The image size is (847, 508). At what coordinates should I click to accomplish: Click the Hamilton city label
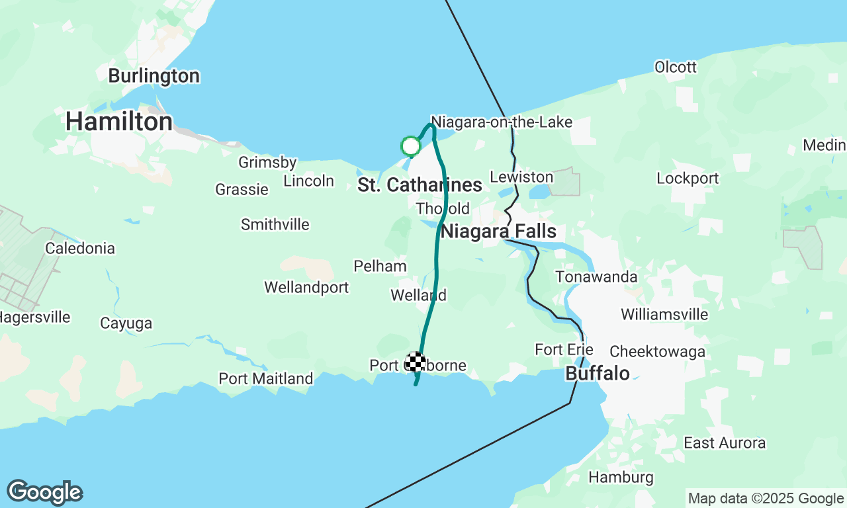click(x=119, y=122)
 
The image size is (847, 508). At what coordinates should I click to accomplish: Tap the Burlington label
click(x=154, y=76)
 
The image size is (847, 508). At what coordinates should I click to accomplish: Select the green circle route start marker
click(x=411, y=146)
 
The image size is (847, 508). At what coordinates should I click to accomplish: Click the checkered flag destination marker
click(x=416, y=362)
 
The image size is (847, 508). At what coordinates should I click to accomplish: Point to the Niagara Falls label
click(x=498, y=232)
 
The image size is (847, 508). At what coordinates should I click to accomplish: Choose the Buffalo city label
click(x=597, y=374)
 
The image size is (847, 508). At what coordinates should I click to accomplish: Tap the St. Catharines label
click(x=420, y=185)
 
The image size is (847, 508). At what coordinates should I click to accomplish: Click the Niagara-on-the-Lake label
click(x=502, y=122)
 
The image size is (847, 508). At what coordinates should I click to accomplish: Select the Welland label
click(x=418, y=295)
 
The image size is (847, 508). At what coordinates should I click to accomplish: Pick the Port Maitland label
click(x=266, y=379)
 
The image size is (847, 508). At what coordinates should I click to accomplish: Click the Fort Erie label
click(x=564, y=349)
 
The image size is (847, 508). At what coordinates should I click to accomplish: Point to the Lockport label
click(x=688, y=178)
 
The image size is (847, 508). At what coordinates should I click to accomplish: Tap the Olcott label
click(x=675, y=67)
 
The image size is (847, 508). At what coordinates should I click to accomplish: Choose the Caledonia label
click(x=80, y=249)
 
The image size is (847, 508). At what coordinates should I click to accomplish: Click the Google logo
click(x=44, y=493)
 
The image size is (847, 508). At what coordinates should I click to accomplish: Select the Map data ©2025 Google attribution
click(x=766, y=499)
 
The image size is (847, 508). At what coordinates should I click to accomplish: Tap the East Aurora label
click(x=725, y=443)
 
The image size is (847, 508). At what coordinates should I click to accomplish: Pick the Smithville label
click(x=275, y=224)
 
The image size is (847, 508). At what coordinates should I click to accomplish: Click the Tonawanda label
click(x=596, y=276)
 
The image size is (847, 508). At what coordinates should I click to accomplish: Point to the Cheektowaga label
click(x=657, y=351)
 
